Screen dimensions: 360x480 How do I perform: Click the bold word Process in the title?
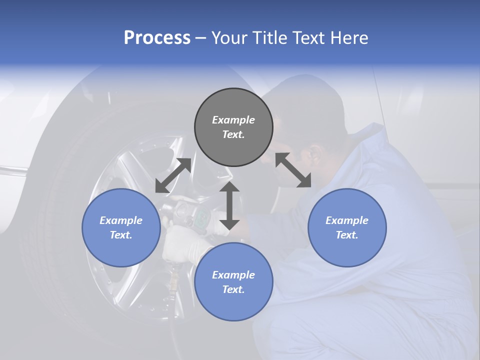tap(157, 38)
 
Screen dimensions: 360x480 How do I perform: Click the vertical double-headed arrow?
tap(229, 205)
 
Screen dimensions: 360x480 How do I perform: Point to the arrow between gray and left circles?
tap(173, 175)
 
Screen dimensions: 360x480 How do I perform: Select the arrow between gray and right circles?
tap(293, 170)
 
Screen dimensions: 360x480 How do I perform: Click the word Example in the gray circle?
tap(233, 120)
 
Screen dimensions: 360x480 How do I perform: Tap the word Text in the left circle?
tap(121, 235)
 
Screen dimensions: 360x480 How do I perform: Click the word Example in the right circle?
tap(347, 220)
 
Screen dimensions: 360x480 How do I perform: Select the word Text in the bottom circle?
tap(233, 289)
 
